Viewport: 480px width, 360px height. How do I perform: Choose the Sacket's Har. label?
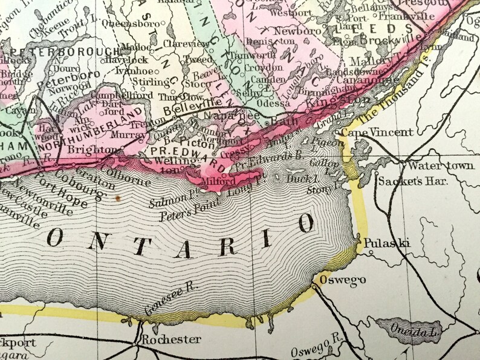pos(405,180)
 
